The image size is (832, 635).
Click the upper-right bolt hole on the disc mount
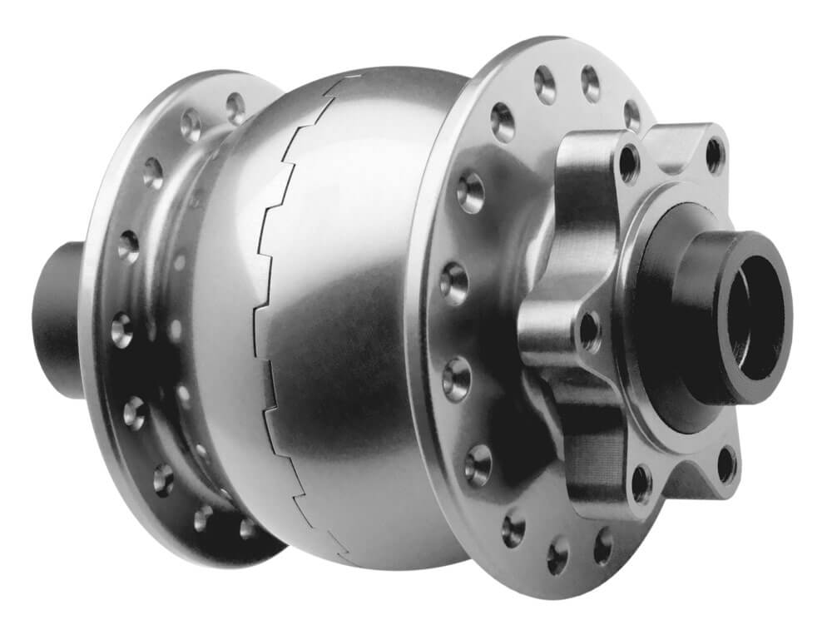[x=714, y=155]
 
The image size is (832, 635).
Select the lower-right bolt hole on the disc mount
[x=726, y=463]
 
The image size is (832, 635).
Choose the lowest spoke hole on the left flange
[x=248, y=528]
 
